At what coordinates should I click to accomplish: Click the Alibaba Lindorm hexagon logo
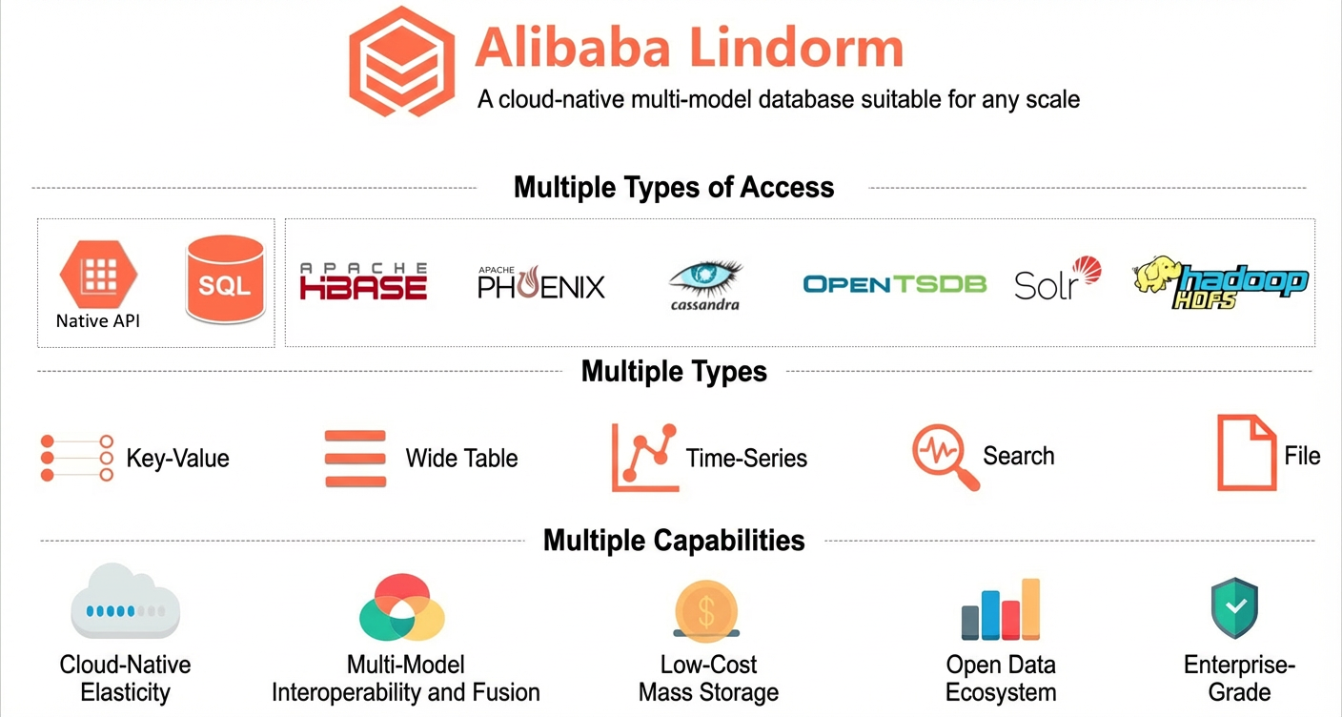tap(401, 61)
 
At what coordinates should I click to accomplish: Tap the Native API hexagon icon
tap(98, 274)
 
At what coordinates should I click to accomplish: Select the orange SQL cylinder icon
tap(225, 279)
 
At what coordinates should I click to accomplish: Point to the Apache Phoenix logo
tap(541, 282)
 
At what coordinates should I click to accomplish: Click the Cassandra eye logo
tap(705, 285)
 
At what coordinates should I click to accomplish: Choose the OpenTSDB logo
tap(894, 284)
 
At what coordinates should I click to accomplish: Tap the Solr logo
tap(1057, 278)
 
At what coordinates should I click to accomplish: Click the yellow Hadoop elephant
tap(1156, 274)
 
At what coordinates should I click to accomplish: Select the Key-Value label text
tap(177, 458)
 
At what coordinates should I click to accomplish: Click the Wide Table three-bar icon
tap(356, 459)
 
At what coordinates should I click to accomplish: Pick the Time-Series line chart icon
tap(644, 458)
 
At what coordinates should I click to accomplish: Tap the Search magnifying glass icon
tap(945, 457)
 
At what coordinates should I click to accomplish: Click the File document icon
tap(1246, 453)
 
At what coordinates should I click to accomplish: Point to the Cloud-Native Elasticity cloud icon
tap(125, 601)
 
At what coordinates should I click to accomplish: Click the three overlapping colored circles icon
tap(402, 607)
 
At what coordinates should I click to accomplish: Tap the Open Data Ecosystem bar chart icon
tap(1001, 609)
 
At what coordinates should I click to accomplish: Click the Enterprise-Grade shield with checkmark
tap(1234, 608)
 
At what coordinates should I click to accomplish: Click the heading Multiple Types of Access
tap(674, 187)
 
